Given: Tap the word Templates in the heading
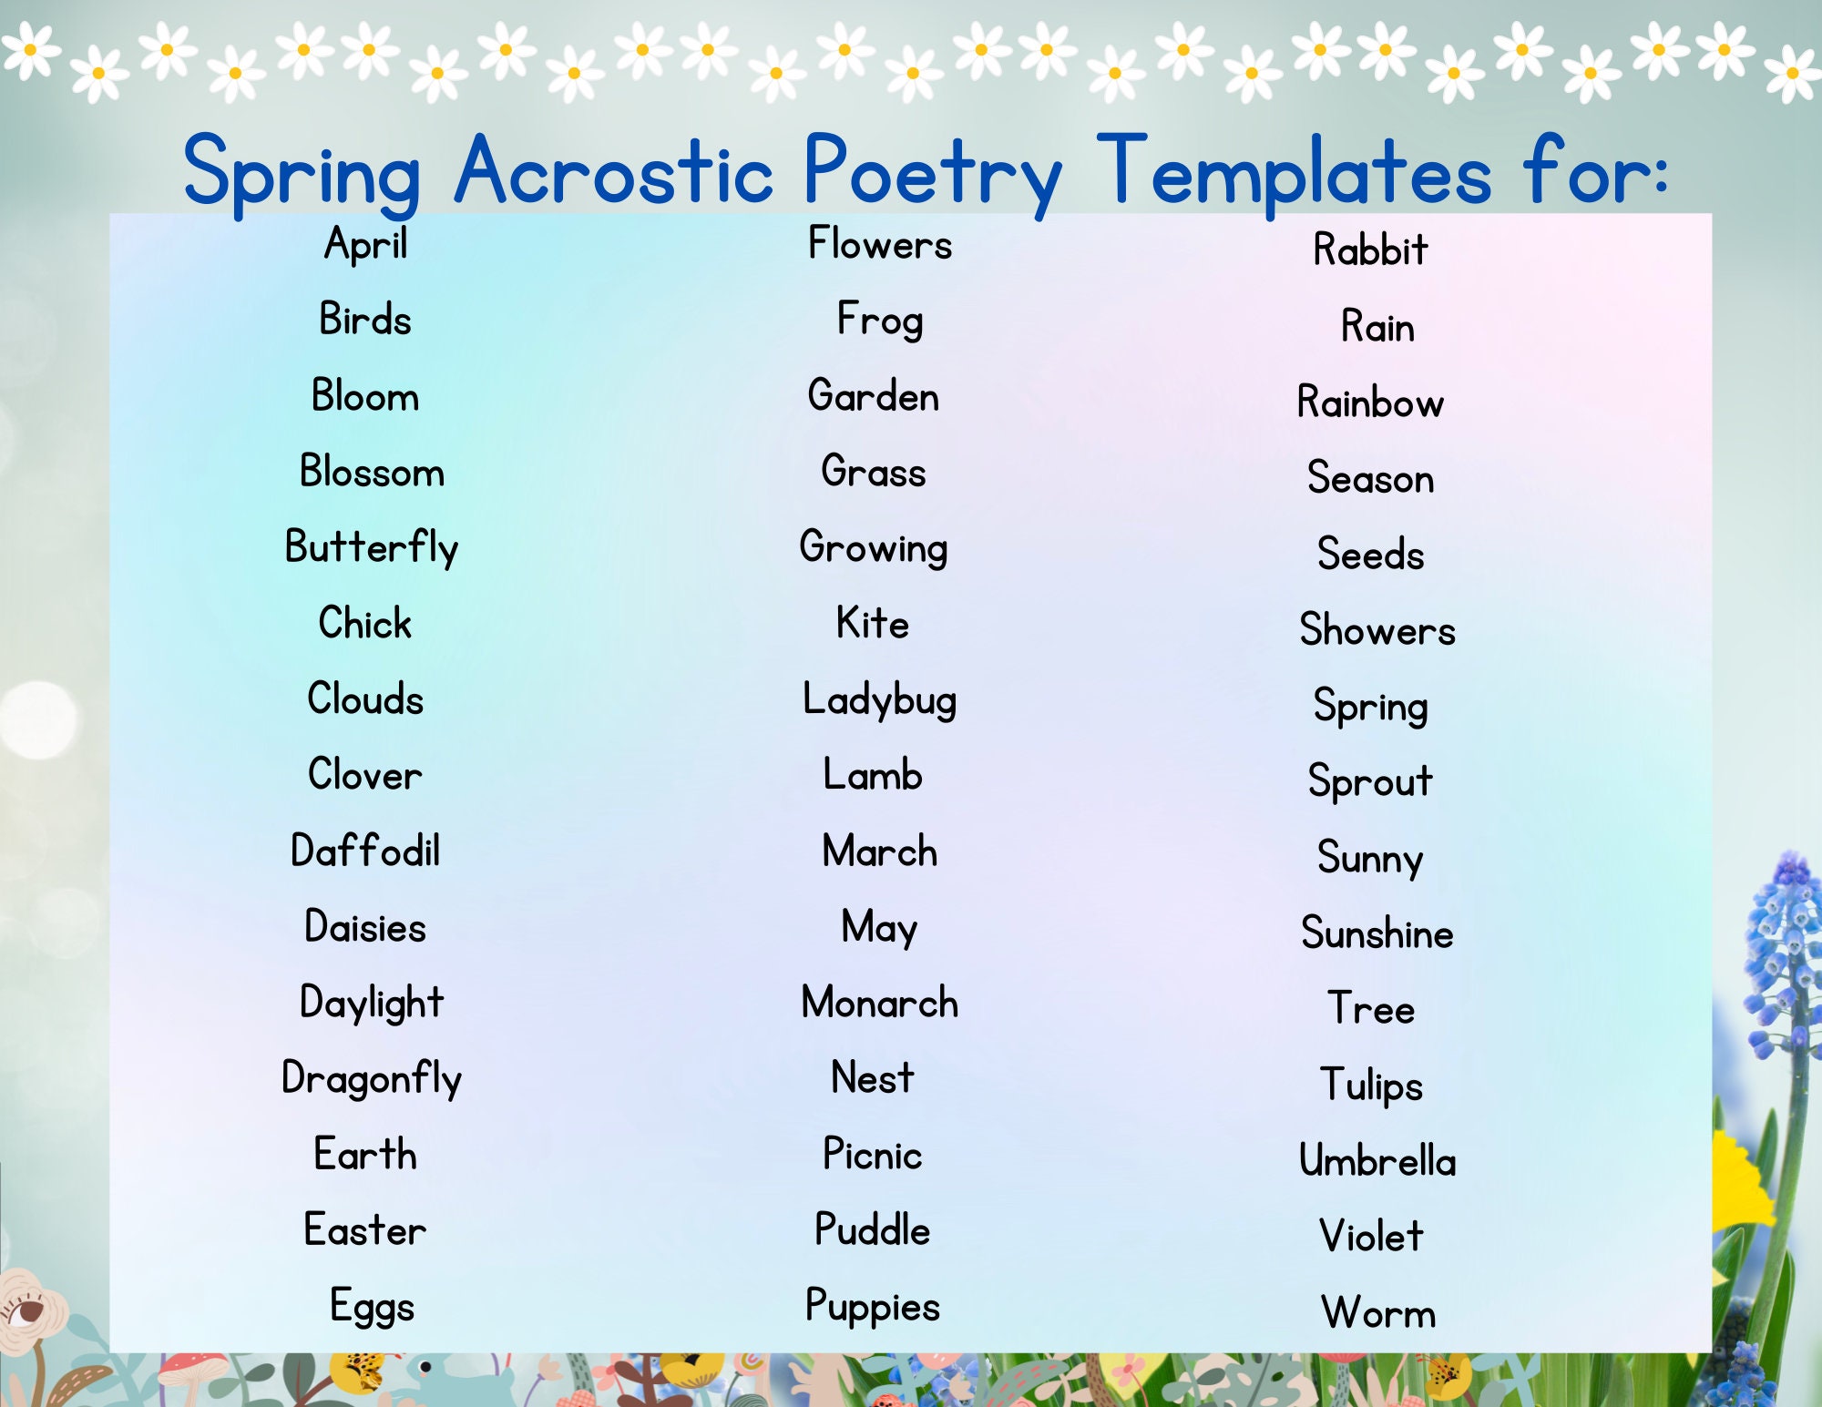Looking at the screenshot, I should coord(1294,171).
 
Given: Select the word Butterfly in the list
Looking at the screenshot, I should coord(371,548).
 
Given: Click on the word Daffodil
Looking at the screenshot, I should coord(365,851).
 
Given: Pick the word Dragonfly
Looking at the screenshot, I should coord(371,1079).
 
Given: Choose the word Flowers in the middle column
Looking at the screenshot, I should coord(879,244).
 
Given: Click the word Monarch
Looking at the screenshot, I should coord(879,1003).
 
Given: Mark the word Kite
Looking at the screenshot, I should coord(872,624).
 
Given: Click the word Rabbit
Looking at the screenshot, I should coord(1370,250).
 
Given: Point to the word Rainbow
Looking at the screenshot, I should coord(1370,403).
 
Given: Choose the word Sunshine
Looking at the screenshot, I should coord(1377,933).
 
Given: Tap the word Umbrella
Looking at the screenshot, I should coord(1377,1161).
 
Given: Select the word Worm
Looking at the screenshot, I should coord(1377,1313).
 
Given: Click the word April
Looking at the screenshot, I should coord(365,244).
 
